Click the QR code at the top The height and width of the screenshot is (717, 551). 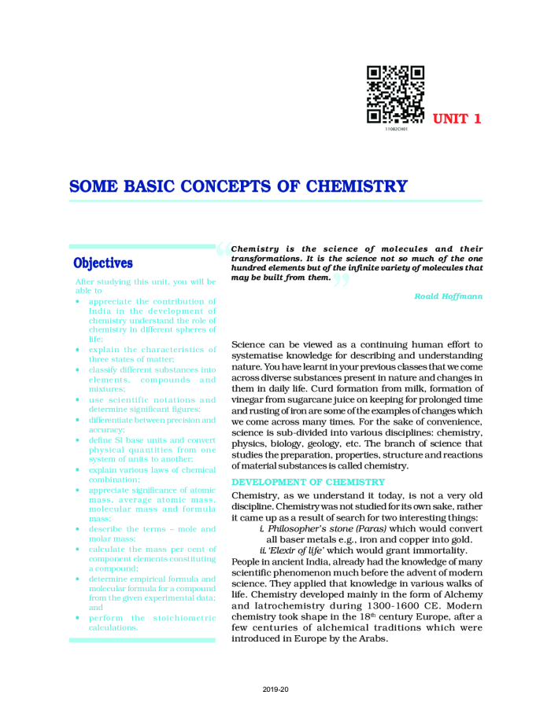click(396, 94)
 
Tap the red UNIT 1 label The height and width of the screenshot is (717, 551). click(457, 119)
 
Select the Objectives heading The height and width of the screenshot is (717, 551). click(103, 263)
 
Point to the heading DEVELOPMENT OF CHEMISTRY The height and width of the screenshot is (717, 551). click(297, 482)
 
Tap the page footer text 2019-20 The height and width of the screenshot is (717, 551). click(275, 689)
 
